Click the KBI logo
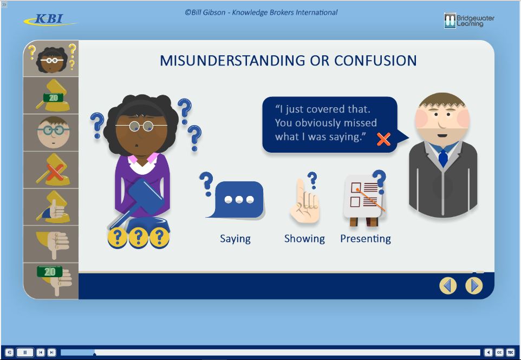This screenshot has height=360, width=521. click(49, 19)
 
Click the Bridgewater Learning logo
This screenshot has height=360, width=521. click(469, 21)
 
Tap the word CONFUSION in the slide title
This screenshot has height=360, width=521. click(375, 61)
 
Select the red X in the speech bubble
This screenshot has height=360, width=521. click(383, 139)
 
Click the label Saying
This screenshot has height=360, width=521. click(235, 239)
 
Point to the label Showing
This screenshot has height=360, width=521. click(304, 239)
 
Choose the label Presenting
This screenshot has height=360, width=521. click(366, 239)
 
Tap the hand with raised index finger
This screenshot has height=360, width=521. click(304, 201)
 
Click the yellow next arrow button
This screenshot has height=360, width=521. click(474, 286)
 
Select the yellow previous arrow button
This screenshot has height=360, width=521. click(448, 286)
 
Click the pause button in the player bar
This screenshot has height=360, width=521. click(25, 352)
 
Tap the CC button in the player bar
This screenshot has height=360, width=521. click(499, 352)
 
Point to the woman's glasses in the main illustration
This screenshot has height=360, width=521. click(141, 126)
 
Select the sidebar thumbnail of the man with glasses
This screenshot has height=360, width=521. click(51, 133)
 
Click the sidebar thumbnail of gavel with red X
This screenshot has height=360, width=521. click(51, 170)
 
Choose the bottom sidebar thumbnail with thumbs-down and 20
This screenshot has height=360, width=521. click(51, 281)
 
